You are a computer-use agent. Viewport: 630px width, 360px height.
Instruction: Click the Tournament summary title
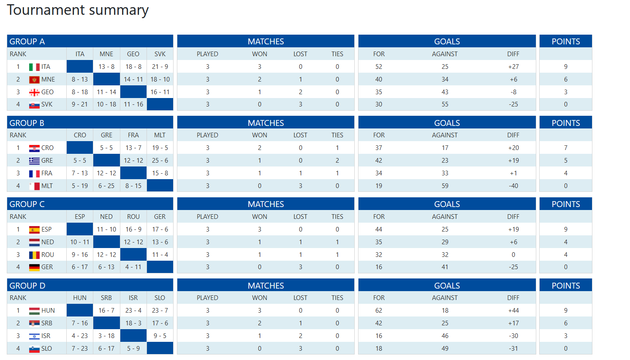[78, 10]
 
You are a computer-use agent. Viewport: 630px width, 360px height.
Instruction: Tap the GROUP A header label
[27, 41]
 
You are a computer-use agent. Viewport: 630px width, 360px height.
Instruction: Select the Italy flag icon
[34, 67]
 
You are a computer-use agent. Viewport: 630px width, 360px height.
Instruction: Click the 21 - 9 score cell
[160, 67]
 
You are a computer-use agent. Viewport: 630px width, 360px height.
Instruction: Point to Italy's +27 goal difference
[513, 67]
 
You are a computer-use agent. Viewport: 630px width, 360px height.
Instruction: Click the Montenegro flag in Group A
[34, 79]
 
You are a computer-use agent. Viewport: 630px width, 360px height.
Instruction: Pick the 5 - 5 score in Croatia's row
[106, 148]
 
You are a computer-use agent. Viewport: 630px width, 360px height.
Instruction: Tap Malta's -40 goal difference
[513, 186]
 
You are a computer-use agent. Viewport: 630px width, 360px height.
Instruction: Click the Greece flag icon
[34, 161]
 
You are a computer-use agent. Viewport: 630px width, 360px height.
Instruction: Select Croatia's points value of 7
[566, 148]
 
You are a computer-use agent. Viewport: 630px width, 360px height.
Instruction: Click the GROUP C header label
[27, 204]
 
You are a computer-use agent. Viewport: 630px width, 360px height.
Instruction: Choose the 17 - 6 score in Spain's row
[160, 229]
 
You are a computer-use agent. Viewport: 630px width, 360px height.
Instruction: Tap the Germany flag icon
[34, 267]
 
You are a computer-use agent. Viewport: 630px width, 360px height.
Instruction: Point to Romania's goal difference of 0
[513, 255]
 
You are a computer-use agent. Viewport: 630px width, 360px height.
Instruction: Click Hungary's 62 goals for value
[379, 311]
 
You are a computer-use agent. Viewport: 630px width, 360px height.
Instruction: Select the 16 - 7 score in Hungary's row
[106, 311]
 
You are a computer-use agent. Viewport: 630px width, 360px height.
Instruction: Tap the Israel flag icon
[34, 336]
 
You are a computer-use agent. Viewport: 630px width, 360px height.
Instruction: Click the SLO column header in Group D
[160, 298]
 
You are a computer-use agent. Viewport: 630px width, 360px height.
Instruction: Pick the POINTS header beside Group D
[566, 286]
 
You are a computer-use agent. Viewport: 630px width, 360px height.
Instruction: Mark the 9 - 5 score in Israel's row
[160, 336]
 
